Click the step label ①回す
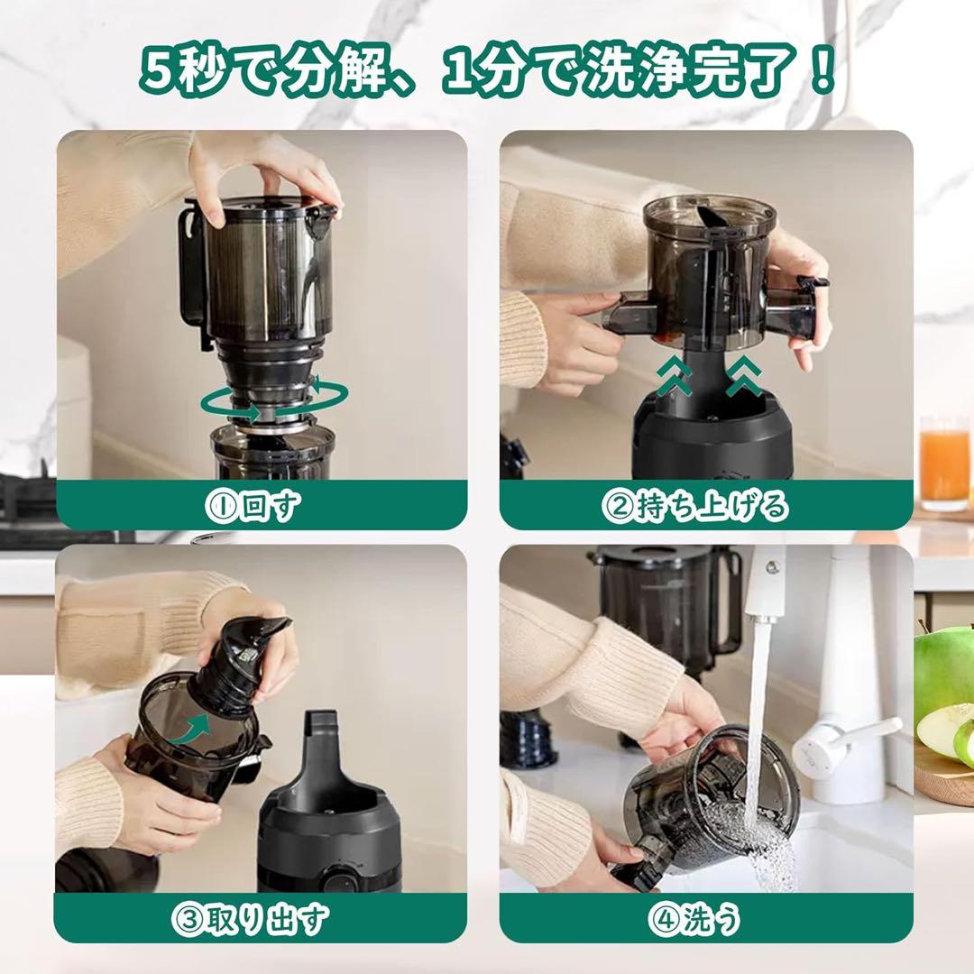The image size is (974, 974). tap(261, 507)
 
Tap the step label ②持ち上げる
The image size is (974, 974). tap(694, 507)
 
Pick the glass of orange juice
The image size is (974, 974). tap(944, 462)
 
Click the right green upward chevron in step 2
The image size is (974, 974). tap(745, 376)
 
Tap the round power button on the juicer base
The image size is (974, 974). tap(341, 878)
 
